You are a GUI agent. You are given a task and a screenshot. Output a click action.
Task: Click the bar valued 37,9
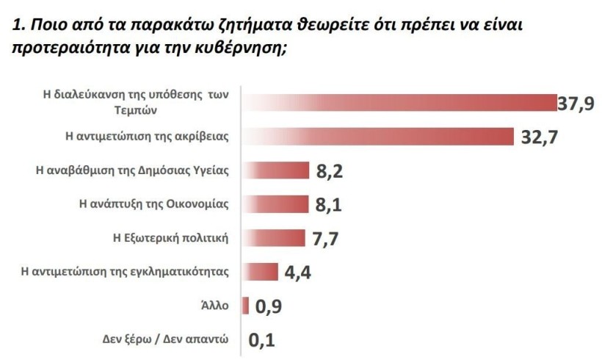400,104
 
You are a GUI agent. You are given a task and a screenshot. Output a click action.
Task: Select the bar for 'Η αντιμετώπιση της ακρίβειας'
377,137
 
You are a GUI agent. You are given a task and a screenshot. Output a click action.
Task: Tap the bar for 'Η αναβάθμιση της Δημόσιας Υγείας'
275,170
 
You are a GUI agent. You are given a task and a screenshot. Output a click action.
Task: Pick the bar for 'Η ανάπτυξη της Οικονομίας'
275,204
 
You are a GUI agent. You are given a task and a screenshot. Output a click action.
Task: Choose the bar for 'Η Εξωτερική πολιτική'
273,237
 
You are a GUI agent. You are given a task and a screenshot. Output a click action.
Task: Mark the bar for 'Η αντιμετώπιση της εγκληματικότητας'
260,271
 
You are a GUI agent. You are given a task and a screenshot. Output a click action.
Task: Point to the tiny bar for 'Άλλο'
246,304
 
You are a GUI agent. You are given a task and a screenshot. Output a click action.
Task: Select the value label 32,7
537,137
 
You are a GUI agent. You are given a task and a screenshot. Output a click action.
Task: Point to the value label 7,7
324,238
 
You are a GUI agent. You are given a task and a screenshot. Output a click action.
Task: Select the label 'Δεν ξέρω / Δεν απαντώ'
167,339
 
